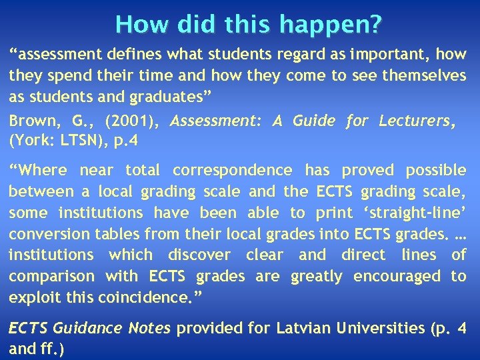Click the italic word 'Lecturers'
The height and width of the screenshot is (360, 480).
417,121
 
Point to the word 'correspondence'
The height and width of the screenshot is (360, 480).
232,171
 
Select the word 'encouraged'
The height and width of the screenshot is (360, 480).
397,276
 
